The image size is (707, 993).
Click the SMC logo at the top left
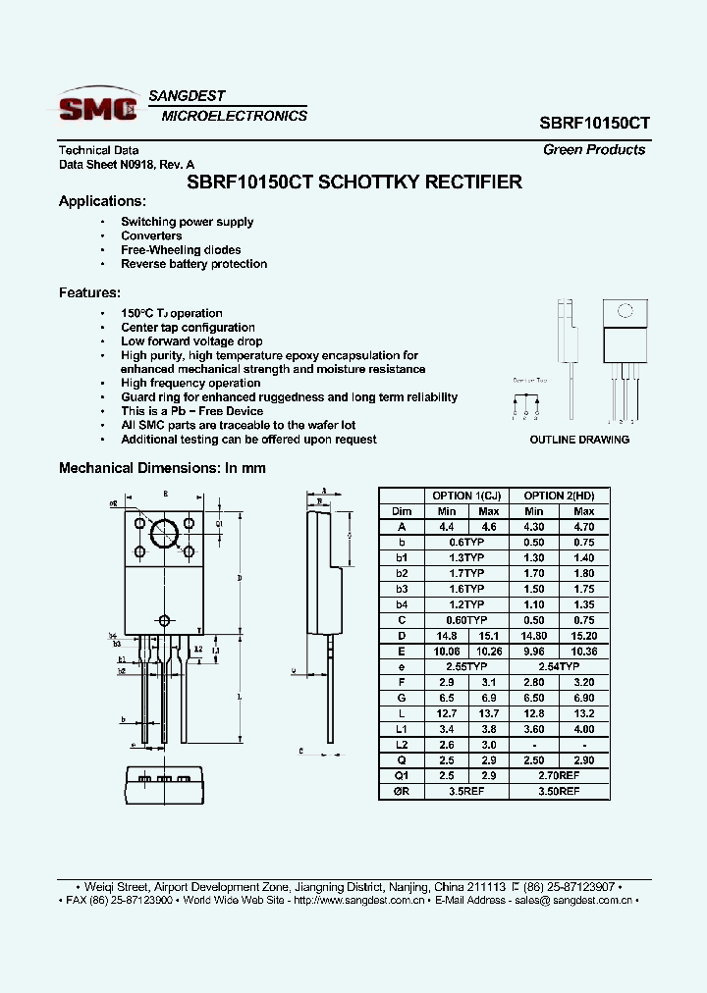point(98,106)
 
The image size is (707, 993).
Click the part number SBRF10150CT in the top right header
point(594,125)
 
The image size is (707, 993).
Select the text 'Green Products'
point(594,150)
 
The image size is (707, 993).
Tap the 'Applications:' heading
point(102,201)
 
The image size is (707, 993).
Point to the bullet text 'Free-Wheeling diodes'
point(181,250)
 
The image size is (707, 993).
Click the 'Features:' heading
point(90,292)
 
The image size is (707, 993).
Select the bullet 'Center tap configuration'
point(188,328)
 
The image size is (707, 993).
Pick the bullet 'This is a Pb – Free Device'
point(191,411)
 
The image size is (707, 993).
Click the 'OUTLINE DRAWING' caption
point(579,440)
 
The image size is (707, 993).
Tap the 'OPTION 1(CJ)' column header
point(465,496)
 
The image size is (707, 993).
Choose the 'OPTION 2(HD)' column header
point(560,496)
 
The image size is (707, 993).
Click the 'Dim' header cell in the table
point(402,511)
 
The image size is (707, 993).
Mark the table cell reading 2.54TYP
point(560,665)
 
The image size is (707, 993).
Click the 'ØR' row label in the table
point(402,789)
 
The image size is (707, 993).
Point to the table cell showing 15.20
point(584,635)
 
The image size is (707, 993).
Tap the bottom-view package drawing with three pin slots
point(164,781)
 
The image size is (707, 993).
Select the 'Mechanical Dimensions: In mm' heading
point(162,468)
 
